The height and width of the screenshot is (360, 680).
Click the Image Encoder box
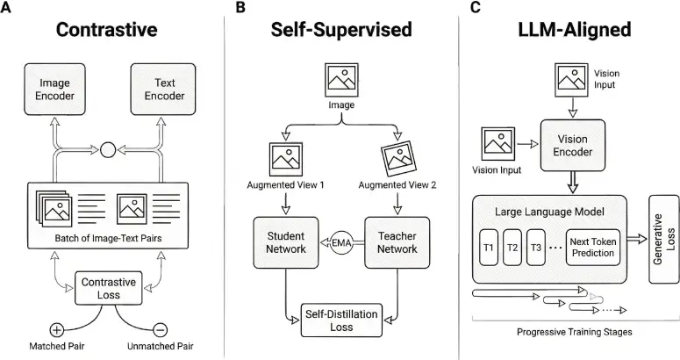tap(54, 90)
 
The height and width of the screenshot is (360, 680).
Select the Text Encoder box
tap(163, 90)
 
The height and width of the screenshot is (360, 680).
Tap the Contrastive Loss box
tap(109, 288)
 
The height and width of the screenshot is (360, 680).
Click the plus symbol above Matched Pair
tap(56, 330)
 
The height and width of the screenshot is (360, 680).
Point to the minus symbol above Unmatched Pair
tap(160, 330)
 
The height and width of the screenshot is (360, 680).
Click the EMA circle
tap(341, 243)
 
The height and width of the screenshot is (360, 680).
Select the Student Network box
tap(286, 242)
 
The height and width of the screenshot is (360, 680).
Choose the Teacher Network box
tap(397, 242)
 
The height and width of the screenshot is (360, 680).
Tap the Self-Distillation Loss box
tap(341, 320)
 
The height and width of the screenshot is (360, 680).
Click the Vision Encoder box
tap(572, 145)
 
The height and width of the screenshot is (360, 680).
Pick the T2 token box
tap(512, 248)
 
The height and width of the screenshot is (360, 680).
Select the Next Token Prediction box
tap(593, 248)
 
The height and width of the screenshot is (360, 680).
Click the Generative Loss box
tap(664, 240)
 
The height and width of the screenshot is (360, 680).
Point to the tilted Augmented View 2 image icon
tap(398, 159)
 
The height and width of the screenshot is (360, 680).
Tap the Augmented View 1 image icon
tap(286, 159)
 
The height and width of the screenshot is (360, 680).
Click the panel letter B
tap(240, 7)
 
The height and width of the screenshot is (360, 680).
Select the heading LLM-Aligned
tap(575, 30)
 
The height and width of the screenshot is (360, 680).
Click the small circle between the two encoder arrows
tap(108, 150)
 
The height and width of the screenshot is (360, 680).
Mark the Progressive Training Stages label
tap(574, 332)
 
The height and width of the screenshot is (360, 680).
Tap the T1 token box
tap(489, 248)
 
